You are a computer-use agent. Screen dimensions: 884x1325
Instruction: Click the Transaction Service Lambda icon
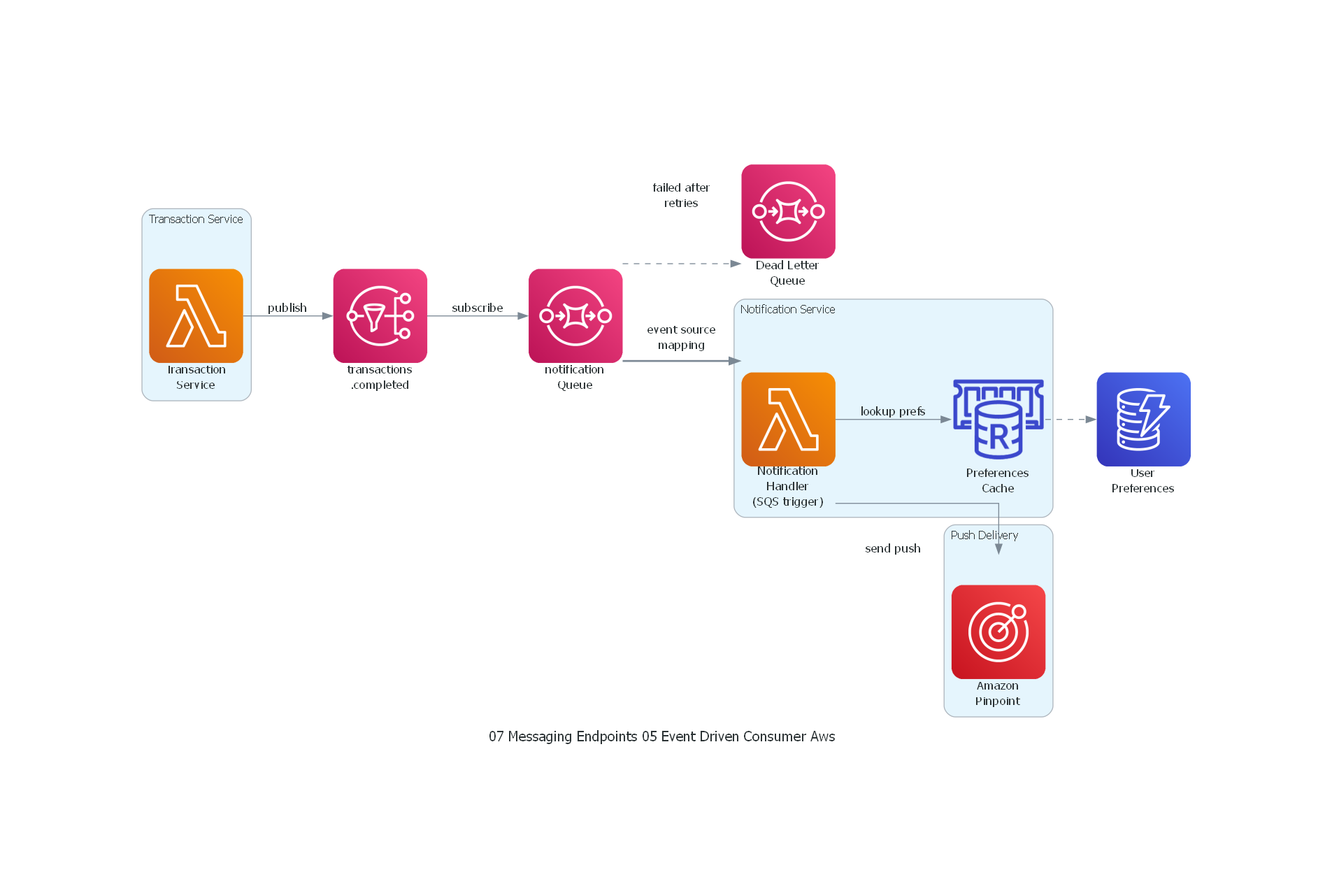[196, 315]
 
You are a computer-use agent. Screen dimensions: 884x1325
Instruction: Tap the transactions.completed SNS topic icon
[380, 315]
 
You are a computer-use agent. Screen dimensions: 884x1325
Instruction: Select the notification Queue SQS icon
[575, 315]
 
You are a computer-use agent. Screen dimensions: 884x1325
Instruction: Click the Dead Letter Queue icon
[788, 211]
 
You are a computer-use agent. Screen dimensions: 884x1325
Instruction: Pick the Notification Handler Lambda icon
[788, 419]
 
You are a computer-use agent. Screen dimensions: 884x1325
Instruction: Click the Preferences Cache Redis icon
[998, 419]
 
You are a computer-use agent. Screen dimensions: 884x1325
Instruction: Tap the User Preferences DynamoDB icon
[1143, 419]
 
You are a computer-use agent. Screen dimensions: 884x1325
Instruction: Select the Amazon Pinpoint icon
[998, 632]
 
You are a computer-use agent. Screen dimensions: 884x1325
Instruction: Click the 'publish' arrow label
[287, 308]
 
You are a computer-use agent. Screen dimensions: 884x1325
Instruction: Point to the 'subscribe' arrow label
[477, 308]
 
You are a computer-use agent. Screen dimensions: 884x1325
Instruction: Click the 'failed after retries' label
[680, 195]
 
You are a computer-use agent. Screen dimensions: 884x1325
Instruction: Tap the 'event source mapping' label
[680, 337]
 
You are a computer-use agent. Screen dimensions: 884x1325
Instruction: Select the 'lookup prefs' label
[892, 411]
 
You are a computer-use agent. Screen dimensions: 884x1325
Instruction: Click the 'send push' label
[892, 548]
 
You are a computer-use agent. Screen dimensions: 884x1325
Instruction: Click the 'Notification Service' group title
[787, 309]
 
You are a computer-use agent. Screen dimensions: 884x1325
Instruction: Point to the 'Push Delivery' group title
[984, 535]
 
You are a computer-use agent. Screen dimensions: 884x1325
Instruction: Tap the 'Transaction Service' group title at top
[196, 219]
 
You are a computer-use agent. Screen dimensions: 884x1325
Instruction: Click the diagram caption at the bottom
[661, 736]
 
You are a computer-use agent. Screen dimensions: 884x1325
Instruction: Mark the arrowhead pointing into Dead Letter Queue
[736, 264]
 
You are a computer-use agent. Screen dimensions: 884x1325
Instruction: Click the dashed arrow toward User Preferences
[1070, 419]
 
